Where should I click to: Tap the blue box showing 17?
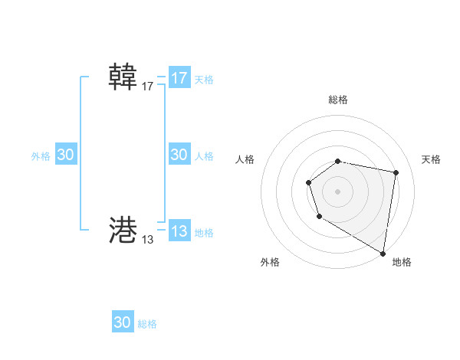(179, 78)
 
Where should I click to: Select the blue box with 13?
(179, 231)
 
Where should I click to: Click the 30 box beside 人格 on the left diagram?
(179, 155)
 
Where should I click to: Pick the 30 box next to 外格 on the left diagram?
(66, 155)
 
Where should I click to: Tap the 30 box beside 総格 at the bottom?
(123, 322)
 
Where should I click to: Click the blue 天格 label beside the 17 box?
(204, 79)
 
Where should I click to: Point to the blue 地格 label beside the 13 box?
(204, 233)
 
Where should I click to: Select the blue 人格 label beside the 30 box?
(204, 156)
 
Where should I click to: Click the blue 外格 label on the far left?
(41, 156)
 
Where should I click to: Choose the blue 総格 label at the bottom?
(147, 324)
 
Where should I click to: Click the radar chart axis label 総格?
(338, 100)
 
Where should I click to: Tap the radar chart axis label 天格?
(431, 159)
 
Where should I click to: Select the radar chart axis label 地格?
(402, 262)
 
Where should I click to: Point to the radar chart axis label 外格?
(270, 262)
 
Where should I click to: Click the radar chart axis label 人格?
(245, 159)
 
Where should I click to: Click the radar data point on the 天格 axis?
(396, 173)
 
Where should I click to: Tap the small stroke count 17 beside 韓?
(148, 87)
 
